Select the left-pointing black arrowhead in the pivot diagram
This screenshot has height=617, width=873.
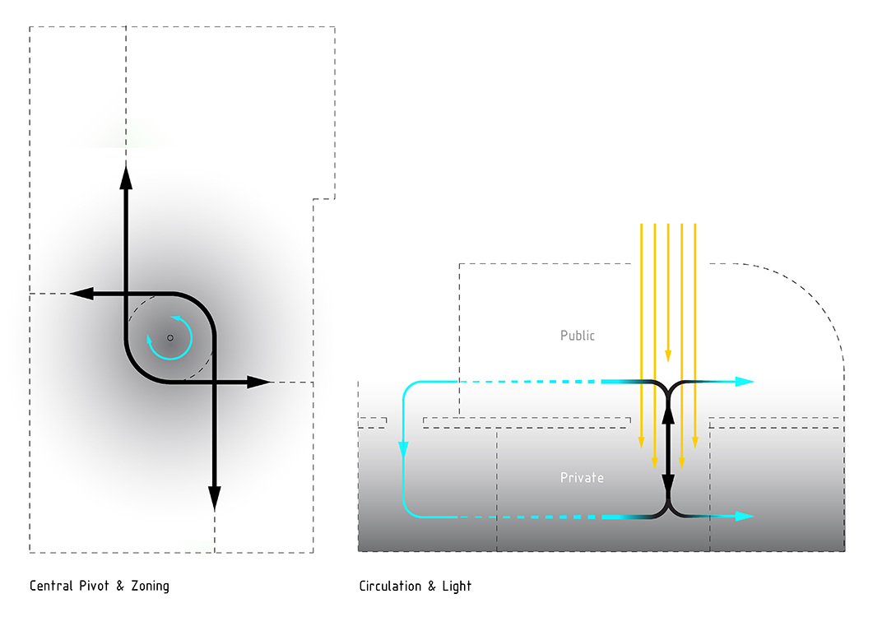(81, 293)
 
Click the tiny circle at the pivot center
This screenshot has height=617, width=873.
(170, 337)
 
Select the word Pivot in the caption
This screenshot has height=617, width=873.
(98, 586)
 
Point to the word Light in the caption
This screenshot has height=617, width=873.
(457, 586)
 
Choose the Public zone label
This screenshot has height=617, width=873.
(577, 336)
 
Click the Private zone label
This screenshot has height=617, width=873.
(582, 477)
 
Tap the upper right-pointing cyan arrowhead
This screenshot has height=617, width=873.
(744, 382)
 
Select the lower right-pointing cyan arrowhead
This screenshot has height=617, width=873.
(744, 516)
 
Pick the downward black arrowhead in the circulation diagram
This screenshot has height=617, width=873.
(668, 483)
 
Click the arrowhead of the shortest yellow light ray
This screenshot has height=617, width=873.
(668, 355)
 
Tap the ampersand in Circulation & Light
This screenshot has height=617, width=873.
(432, 586)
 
